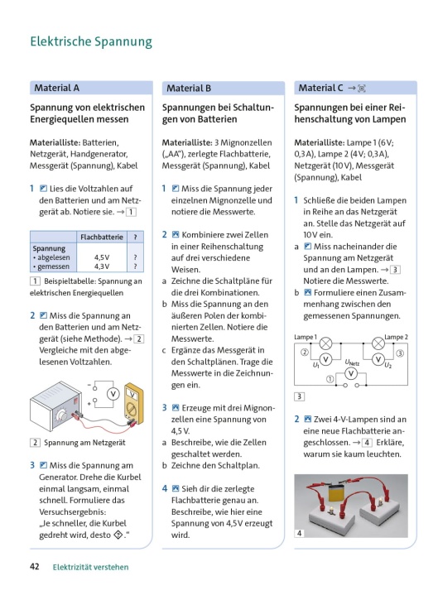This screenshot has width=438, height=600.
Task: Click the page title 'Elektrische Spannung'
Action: click(x=91, y=41)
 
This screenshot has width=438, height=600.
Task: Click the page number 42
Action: click(x=35, y=566)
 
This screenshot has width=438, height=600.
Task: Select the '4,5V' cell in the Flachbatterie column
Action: click(x=102, y=257)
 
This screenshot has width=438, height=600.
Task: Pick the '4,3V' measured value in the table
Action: click(x=102, y=266)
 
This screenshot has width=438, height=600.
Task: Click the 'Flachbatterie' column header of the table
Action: click(x=102, y=238)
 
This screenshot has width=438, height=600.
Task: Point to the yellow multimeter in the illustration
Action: click(x=134, y=404)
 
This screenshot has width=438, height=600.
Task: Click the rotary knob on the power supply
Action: click(x=61, y=416)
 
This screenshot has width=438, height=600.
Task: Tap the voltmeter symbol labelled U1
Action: click(x=325, y=359)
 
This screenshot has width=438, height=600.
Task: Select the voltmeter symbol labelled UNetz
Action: click(x=351, y=373)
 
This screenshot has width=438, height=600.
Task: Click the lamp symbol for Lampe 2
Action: click(x=378, y=343)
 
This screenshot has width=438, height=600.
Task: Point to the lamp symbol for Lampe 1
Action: click(x=326, y=343)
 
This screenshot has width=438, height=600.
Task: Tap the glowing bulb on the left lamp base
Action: click(x=330, y=509)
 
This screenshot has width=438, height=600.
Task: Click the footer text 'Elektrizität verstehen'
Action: click(x=91, y=567)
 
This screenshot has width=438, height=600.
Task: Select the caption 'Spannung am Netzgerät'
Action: click(x=84, y=443)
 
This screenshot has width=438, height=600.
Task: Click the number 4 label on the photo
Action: click(x=299, y=533)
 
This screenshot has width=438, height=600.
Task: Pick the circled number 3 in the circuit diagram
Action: click(x=400, y=353)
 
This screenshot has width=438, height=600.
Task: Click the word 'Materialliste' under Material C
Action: click(x=320, y=142)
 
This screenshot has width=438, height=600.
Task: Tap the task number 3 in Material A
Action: click(x=32, y=465)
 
